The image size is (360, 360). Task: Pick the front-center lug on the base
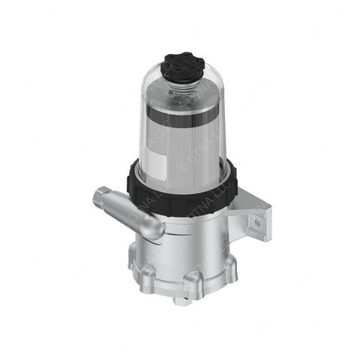tap(194, 284)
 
